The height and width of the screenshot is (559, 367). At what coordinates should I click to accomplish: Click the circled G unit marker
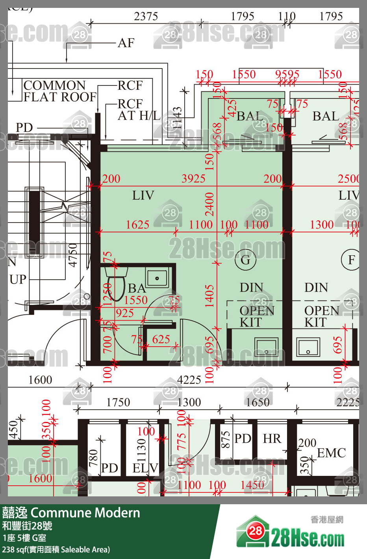(x=245, y=260)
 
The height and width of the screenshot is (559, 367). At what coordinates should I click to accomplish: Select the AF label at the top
(x=126, y=43)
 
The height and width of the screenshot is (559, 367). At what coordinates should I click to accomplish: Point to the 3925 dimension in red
(x=193, y=178)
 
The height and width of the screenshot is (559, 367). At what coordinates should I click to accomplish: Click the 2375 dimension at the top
(x=146, y=16)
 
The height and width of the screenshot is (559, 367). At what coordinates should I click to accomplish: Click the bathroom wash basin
(x=157, y=278)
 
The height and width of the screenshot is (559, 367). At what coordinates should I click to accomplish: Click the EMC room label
(x=332, y=453)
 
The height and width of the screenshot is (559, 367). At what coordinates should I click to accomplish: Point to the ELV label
(x=145, y=468)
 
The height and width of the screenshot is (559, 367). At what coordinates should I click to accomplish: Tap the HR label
(x=272, y=438)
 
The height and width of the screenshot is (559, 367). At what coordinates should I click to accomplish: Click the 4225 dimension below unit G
(x=189, y=380)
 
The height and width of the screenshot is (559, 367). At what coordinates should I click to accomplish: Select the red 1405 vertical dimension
(x=209, y=296)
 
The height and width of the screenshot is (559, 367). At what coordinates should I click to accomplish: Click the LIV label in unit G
(x=143, y=195)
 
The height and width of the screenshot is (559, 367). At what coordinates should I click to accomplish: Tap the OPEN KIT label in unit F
(x=321, y=316)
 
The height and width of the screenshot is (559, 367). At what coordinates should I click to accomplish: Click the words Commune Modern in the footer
(x=85, y=513)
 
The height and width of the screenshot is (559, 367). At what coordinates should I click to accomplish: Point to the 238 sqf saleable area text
(x=56, y=550)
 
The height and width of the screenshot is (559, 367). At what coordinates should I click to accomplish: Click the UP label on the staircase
(x=18, y=279)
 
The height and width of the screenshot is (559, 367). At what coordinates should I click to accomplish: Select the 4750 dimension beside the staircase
(x=73, y=255)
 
